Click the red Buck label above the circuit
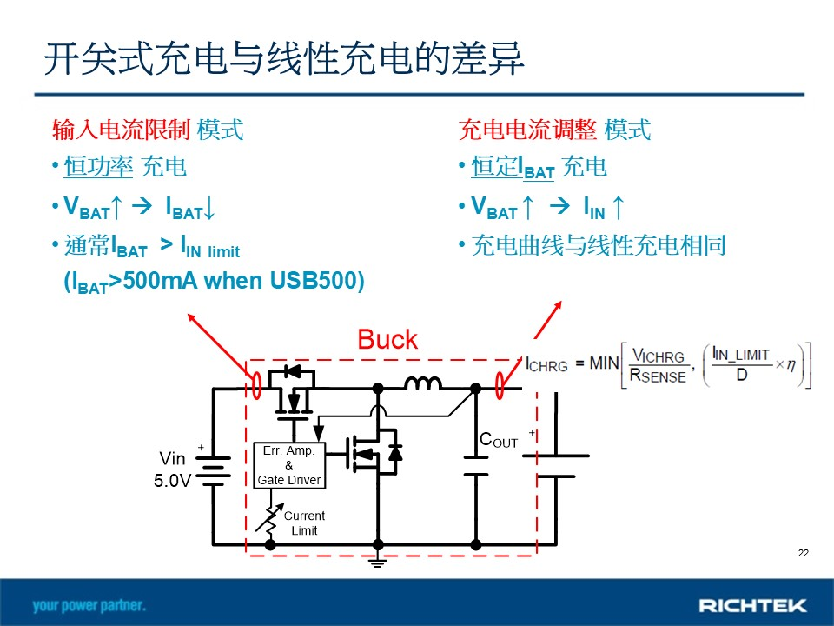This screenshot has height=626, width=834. coord(387,340)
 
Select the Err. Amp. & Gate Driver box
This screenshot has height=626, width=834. coord(288,465)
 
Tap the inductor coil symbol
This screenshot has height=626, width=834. coord(423,383)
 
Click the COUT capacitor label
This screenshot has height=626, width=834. coord(499,440)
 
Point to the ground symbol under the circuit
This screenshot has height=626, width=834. coord(378,561)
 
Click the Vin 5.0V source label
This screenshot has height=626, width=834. coord(172,469)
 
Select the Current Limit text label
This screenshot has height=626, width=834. coord(304,523)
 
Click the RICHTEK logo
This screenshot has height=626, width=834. coord(752,605)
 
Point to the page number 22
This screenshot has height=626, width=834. coord(803,553)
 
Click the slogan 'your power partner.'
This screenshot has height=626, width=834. coord(89,605)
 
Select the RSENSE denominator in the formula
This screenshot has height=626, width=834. coord(658,376)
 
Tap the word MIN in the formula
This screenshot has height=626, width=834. coord(605,363)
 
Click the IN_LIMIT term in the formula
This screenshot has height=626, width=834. coord(740,354)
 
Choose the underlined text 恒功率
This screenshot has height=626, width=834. coord(98,166)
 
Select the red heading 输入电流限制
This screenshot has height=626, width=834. coord(122,130)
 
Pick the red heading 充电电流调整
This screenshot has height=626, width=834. coord(528,130)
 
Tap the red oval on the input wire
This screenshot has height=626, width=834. coord(256,385)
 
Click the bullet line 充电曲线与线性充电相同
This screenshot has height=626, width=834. coord(599,245)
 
